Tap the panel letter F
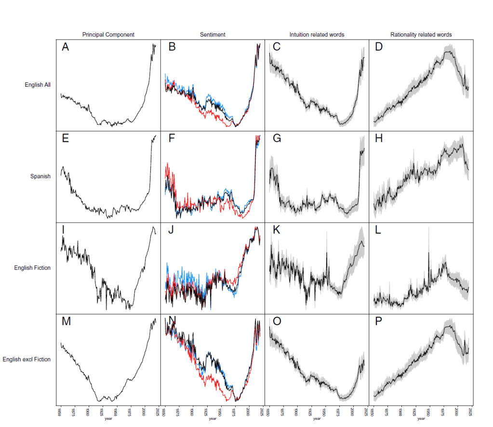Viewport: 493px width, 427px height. [172, 139]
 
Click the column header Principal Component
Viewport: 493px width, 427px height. [108, 35]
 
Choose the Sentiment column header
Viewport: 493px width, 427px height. [213, 35]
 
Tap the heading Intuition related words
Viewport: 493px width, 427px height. [317, 35]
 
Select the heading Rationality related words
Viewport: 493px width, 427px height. [421, 35]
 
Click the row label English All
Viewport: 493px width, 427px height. [38, 85]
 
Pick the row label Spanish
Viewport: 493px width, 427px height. [40, 176]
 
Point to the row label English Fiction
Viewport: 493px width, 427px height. [32, 268]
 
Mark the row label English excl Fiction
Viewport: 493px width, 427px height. [27, 360]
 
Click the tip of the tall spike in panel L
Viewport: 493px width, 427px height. [428, 252]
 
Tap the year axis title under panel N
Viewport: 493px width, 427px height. [213, 418]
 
